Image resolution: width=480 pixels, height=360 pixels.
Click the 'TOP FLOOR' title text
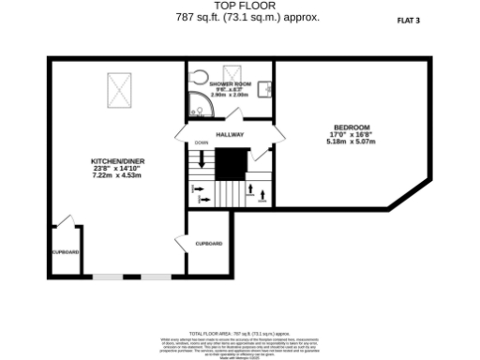point(241,6)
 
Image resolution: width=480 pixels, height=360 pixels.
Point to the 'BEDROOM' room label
point(351,127)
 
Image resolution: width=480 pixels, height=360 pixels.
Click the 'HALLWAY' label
point(230,135)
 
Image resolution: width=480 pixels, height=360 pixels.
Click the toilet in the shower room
point(197,76)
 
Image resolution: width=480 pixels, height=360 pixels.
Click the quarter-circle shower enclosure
point(199,107)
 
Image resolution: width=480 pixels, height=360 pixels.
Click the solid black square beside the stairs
point(230,165)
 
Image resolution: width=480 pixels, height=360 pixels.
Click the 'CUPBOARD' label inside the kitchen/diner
point(65,252)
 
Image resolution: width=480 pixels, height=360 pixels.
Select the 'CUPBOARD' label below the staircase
point(208,244)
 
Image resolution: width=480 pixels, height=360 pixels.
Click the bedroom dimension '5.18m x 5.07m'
point(351,142)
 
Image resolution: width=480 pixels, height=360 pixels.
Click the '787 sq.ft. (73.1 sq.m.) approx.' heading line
point(241,16)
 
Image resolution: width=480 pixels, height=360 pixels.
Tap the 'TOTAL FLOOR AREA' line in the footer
point(241,333)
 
